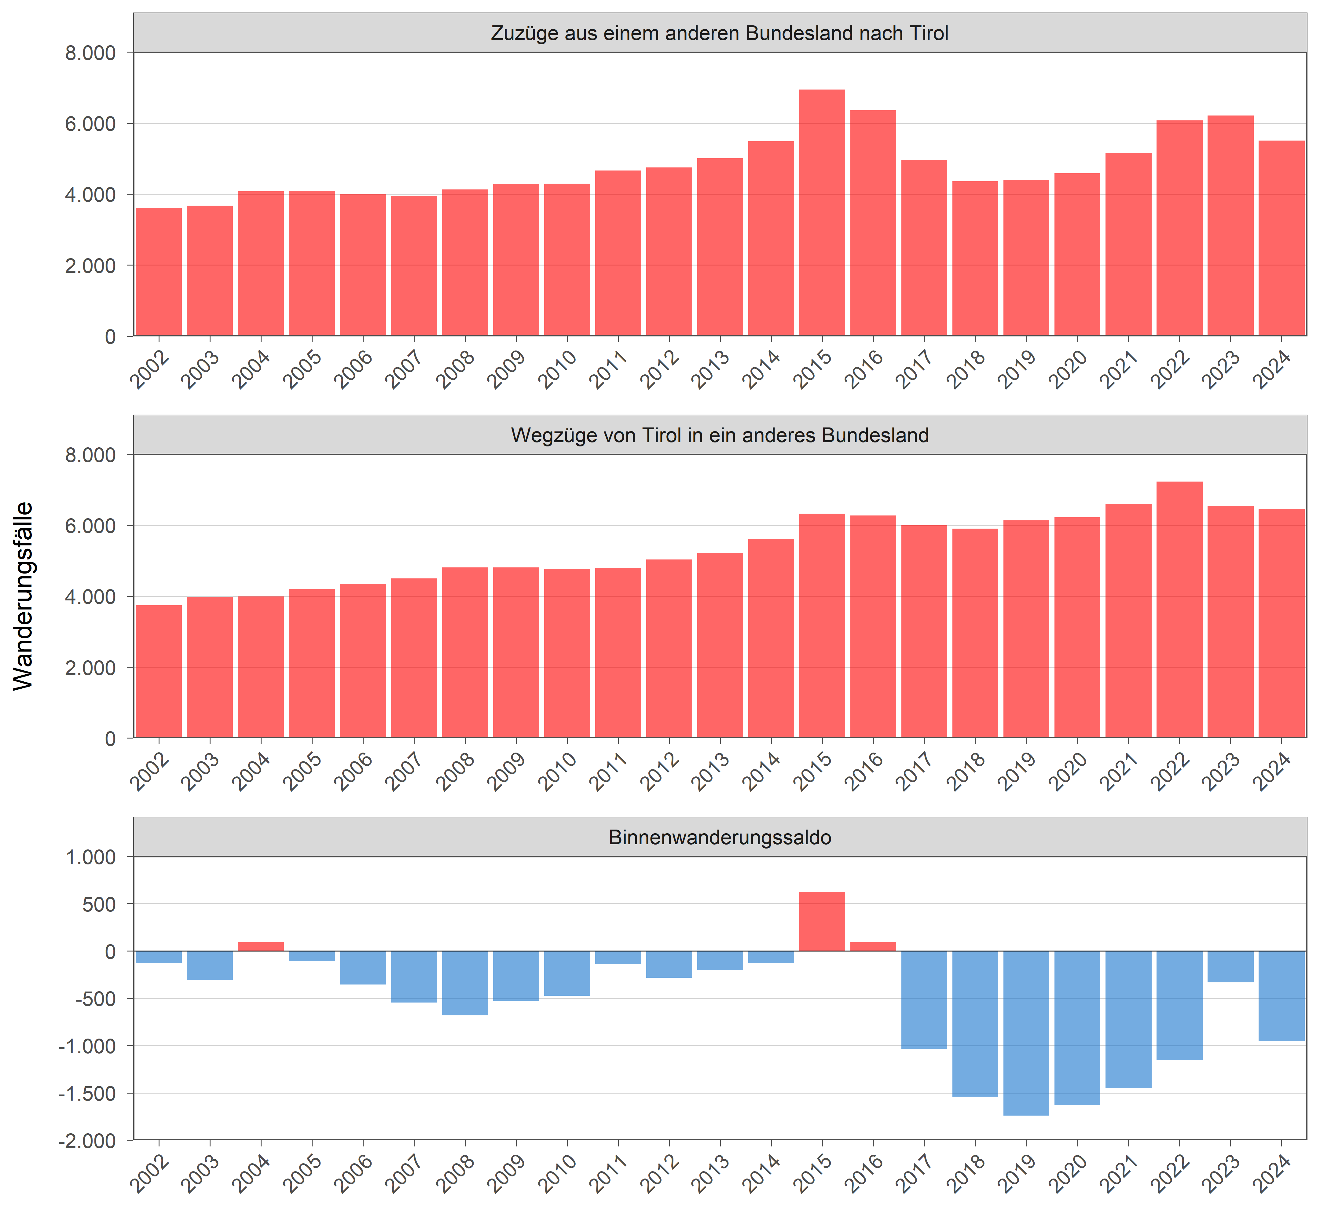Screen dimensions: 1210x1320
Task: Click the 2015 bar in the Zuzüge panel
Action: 822,213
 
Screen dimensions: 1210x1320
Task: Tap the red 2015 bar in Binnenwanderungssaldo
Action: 822,921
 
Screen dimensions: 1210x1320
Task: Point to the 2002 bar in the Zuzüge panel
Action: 159,272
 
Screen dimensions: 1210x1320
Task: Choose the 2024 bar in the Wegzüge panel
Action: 1281,623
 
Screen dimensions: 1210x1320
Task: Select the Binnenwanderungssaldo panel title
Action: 720,838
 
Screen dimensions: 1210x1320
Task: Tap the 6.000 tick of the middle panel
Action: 90,526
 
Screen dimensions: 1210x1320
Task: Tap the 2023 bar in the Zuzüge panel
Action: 1230,226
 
